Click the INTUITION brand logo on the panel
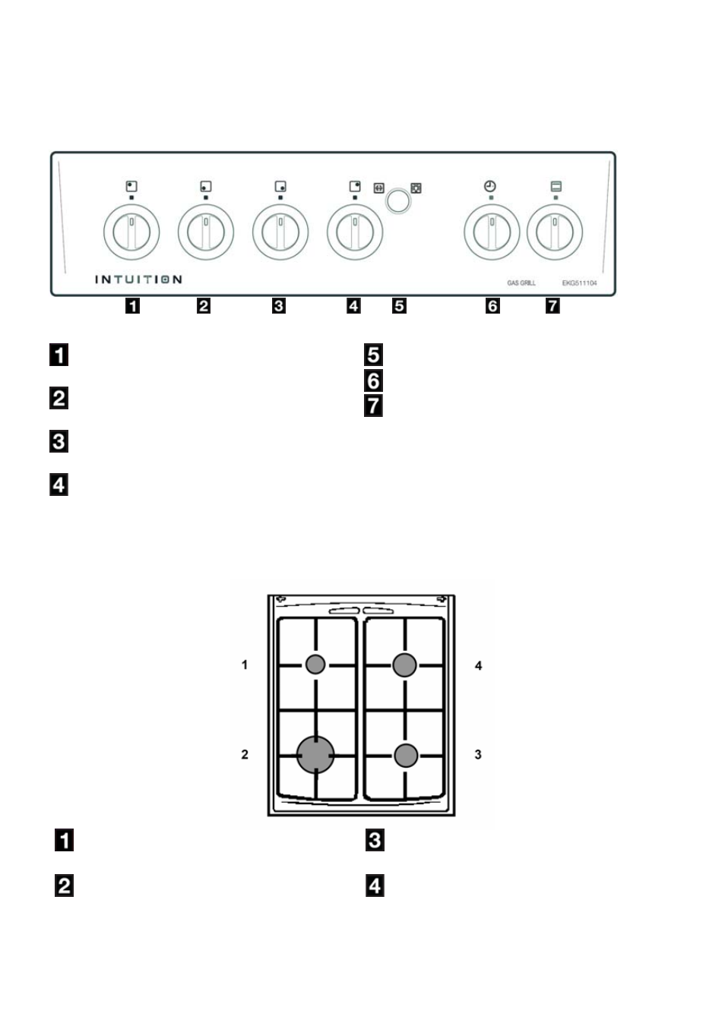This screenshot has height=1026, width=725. (138, 279)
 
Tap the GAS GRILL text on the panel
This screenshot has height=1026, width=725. (521, 283)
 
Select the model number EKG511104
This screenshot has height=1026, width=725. (579, 283)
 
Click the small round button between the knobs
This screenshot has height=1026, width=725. (397, 200)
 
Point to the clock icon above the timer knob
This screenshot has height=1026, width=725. (490, 186)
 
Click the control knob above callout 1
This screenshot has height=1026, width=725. (131, 232)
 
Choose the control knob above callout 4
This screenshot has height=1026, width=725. (355, 232)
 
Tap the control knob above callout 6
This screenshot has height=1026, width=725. (492, 232)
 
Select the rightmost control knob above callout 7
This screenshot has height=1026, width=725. (555, 232)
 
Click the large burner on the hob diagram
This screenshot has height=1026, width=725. (315, 755)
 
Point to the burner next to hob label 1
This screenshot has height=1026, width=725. (315, 665)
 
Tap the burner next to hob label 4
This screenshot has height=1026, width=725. (404, 665)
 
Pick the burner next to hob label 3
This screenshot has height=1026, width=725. (406, 756)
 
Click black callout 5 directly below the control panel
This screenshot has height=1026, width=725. (399, 305)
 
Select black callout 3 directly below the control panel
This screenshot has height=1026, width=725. (279, 305)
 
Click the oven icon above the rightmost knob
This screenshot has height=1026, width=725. (556, 186)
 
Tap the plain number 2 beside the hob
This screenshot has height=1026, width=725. (245, 754)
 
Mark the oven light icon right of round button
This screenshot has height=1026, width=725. (416, 188)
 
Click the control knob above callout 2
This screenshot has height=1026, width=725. (206, 232)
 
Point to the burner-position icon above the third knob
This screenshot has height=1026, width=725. (280, 186)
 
